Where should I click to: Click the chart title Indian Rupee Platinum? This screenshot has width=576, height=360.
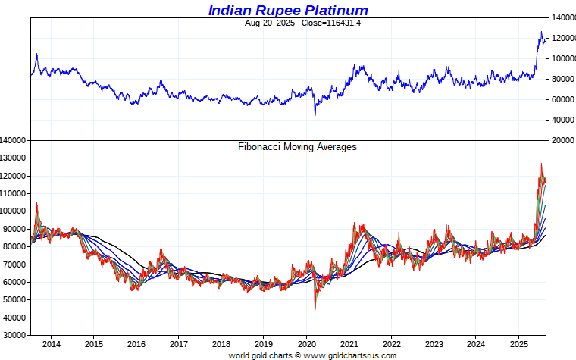coord(288,11)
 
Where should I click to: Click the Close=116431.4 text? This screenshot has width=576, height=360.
coord(310,23)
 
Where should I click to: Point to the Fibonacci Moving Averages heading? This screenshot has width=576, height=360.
coord(297,147)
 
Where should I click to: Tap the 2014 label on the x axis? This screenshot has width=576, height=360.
coord(51,344)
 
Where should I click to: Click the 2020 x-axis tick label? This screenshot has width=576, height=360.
coord(306,344)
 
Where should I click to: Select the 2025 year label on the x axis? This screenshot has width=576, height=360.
coord(518,344)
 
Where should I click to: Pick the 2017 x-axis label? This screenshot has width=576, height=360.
coord(178,344)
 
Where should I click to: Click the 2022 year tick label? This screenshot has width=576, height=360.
coord(391,344)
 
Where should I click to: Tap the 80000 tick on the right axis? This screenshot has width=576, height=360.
coord(560,79)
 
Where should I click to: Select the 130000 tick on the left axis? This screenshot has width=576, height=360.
coord(15,158)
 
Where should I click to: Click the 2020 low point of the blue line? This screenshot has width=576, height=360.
coord(315,115)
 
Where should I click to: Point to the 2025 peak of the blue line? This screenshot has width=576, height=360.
coord(541,32)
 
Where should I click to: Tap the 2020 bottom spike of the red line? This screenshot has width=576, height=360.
coord(315,308)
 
